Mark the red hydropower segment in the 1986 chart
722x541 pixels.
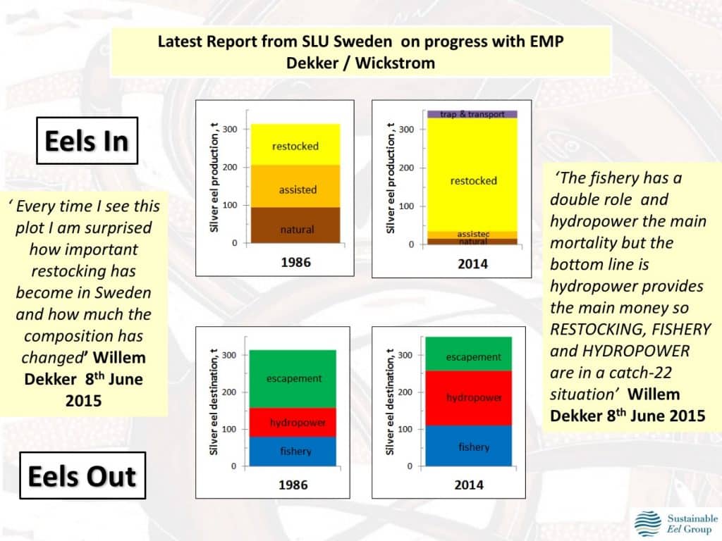[x=293, y=423]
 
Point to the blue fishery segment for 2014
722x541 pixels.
[x=473, y=446]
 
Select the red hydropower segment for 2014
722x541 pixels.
[x=473, y=398]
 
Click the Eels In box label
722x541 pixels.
[x=87, y=142]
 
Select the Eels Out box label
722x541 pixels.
[x=82, y=476]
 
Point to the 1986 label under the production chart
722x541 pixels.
[x=295, y=263]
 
